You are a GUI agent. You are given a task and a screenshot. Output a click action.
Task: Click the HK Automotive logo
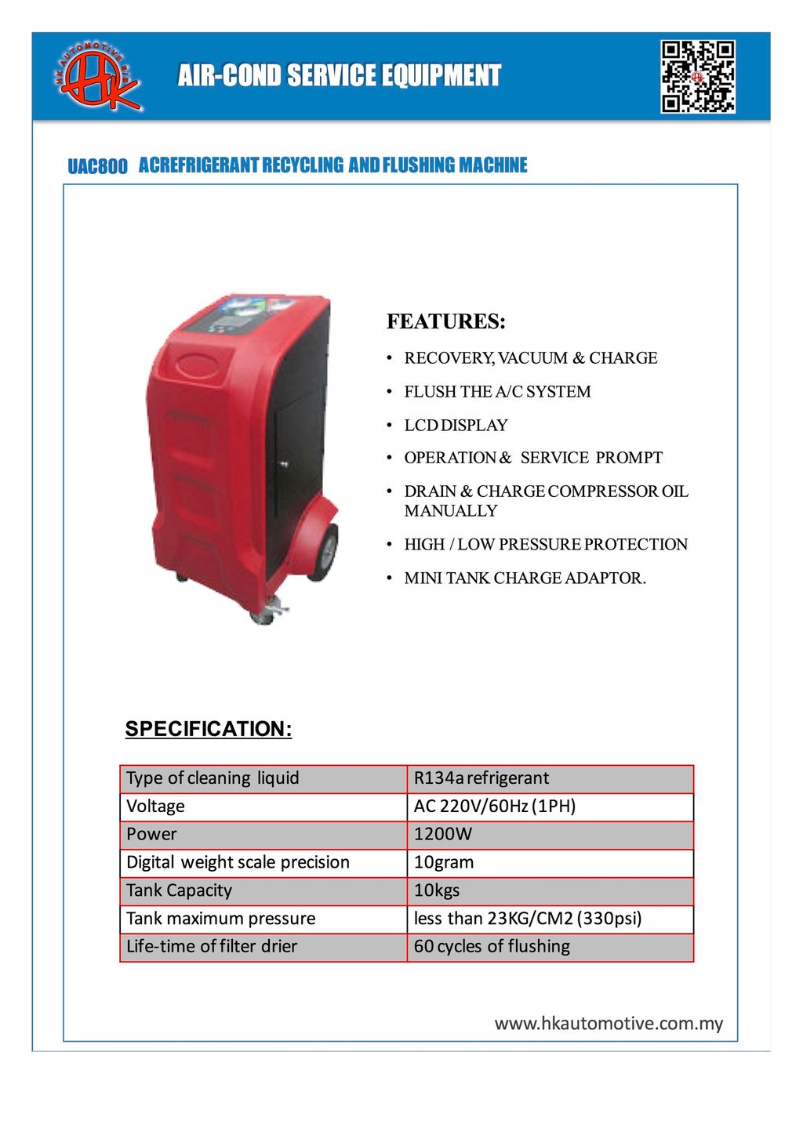[98, 76]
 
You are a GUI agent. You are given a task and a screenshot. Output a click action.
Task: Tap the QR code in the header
[697, 76]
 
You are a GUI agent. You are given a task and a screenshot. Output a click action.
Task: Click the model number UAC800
[97, 166]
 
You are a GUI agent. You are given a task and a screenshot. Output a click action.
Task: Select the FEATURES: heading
[445, 321]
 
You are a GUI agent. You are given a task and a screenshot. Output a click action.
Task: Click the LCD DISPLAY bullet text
[456, 425]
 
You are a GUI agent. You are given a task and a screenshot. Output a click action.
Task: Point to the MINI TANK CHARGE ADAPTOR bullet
[525, 578]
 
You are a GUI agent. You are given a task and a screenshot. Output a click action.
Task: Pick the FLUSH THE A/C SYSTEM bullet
[497, 391]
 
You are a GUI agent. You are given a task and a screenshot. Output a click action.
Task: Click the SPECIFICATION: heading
[209, 729]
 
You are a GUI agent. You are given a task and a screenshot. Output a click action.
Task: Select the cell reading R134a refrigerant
[481, 778]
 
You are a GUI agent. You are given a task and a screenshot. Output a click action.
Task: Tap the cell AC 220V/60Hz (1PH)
[495, 807]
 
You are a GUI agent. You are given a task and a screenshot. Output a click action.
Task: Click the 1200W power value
[443, 834]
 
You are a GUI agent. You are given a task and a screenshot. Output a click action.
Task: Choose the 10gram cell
[444, 862]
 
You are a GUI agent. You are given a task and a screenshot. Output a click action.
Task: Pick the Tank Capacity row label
[180, 890]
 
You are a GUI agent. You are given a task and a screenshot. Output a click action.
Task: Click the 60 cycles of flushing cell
[492, 946]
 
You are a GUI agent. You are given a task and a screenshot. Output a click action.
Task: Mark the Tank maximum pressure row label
[221, 918]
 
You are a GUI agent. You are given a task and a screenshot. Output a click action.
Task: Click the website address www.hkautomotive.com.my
[609, 1024]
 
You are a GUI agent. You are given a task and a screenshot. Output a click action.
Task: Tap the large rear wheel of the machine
[324, 552]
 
